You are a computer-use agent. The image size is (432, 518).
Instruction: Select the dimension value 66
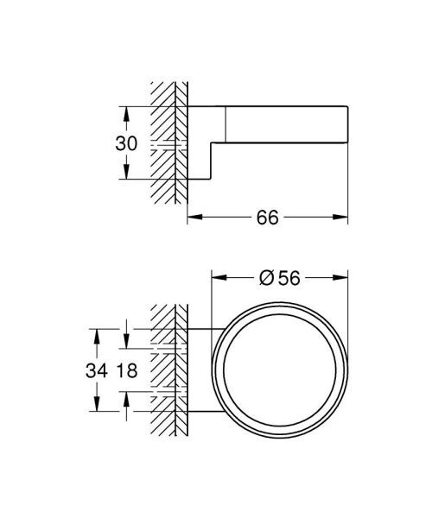tap(267, 218)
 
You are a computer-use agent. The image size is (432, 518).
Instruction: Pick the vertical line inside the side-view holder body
tap(226, 125)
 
